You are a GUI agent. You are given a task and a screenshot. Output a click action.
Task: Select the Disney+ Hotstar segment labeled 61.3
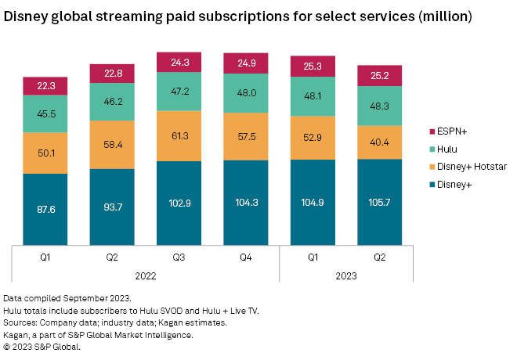point(179,135)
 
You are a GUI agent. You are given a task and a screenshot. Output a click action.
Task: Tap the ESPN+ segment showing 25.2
point(381,75)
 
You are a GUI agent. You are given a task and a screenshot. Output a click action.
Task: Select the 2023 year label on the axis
point(346,275)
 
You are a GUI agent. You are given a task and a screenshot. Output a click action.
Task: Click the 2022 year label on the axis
point(146,275)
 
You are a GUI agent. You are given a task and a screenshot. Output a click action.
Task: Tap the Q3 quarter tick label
point(179,254)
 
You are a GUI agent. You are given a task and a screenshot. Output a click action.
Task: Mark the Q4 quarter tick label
point(246,254)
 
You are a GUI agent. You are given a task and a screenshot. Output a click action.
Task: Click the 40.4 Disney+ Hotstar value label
point(381,142)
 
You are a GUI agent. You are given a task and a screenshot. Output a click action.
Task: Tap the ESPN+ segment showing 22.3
point(45,85)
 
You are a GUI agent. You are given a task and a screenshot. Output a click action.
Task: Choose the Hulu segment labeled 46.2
point(113,102)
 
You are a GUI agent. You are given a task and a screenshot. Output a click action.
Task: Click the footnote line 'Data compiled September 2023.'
point(69,299)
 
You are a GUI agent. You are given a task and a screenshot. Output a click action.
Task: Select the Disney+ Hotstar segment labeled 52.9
point(313,138)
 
